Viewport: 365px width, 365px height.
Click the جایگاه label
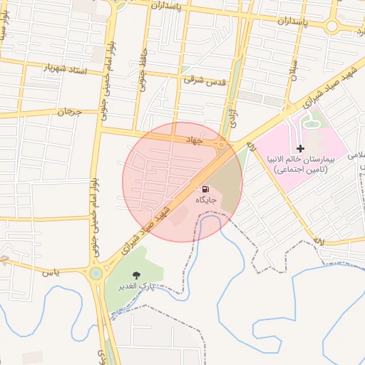209,202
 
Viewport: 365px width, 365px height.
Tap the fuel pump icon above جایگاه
205,190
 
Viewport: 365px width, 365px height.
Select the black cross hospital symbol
300,148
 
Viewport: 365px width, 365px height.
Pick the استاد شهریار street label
66,68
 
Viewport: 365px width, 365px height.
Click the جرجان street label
70,112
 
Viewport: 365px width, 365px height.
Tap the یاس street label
48,272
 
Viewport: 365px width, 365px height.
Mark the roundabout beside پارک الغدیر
96,274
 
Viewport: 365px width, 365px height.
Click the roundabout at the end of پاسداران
332,27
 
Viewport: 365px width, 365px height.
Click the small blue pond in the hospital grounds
311,124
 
